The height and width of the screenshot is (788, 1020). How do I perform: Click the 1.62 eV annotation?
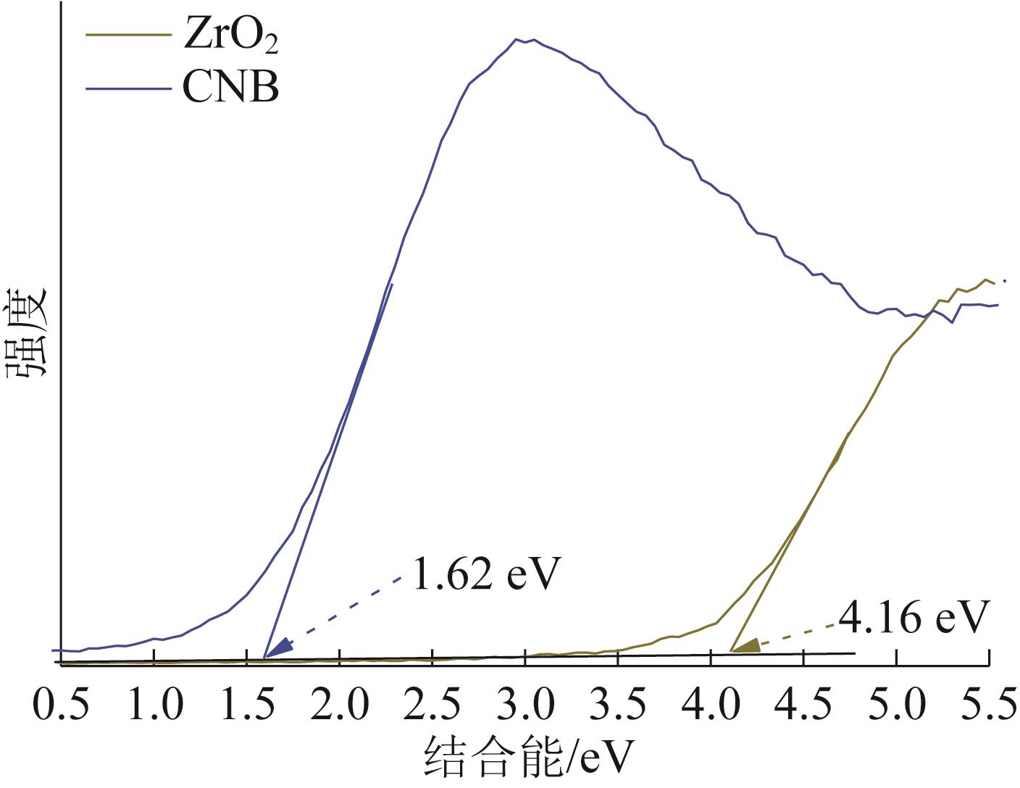[x=487, y=575]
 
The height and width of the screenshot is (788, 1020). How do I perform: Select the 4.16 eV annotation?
[x=914, y=618]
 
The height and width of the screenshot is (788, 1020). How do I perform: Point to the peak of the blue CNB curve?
[x=525, y=40]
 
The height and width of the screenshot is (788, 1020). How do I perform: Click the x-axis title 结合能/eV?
[x=529, y=759]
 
